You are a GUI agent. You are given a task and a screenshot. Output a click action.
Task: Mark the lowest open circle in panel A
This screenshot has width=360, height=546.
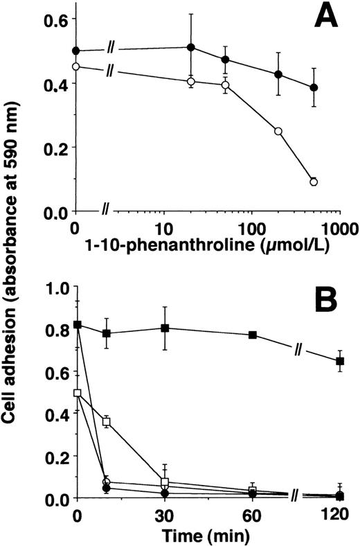314,182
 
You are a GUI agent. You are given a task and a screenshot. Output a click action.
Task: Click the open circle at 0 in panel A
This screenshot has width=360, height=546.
76,67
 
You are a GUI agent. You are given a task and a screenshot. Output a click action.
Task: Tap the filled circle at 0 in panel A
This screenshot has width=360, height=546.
76,51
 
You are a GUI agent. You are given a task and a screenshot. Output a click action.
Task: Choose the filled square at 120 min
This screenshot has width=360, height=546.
340,360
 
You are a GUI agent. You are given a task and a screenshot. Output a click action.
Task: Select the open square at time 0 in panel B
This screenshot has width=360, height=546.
78,393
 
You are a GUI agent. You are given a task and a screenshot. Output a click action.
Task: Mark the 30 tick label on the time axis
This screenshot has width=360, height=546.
165,514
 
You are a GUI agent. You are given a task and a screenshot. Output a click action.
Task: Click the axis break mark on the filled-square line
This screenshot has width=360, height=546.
295,351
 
